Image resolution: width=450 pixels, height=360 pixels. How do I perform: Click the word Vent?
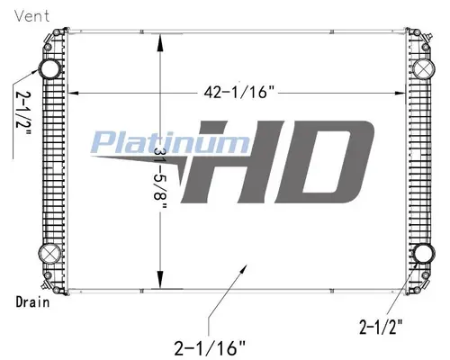coord(32,15)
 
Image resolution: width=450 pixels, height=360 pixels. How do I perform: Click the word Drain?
coord(32,301)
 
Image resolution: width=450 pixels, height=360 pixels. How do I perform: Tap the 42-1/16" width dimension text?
coord(239,92)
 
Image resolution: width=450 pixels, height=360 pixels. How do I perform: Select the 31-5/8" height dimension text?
coord(160,179)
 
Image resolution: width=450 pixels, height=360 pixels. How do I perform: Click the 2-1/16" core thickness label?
coord(210,348)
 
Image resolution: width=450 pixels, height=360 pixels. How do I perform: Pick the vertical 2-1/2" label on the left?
coord(23,113)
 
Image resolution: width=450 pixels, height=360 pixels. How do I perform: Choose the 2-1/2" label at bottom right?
coord(381,327)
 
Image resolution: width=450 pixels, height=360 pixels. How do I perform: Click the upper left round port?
coord(50,69)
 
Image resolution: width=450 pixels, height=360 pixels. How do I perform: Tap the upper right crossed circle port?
coord(423,69)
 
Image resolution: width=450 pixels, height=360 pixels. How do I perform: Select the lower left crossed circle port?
coord(49,254)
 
